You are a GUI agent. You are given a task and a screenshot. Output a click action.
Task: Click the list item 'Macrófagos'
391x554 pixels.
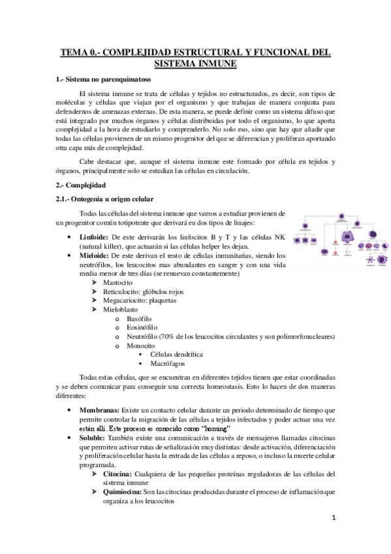tap(168, 363)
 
